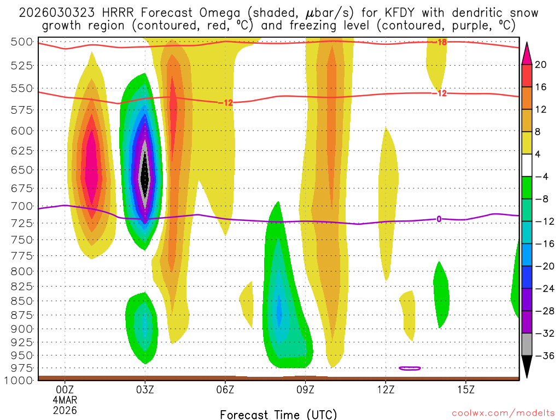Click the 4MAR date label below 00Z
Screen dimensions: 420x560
[x=65, y=399]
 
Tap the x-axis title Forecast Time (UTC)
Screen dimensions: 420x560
[x=278, y=414]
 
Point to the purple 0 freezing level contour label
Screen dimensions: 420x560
[x=439, y=219]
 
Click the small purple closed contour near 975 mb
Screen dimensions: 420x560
[x=410, y=369]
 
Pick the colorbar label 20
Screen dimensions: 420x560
[x=541, y=65]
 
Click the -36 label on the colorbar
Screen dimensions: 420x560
[x=544, y=356]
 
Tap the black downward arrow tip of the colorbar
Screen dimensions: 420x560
[x=527, y=374]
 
